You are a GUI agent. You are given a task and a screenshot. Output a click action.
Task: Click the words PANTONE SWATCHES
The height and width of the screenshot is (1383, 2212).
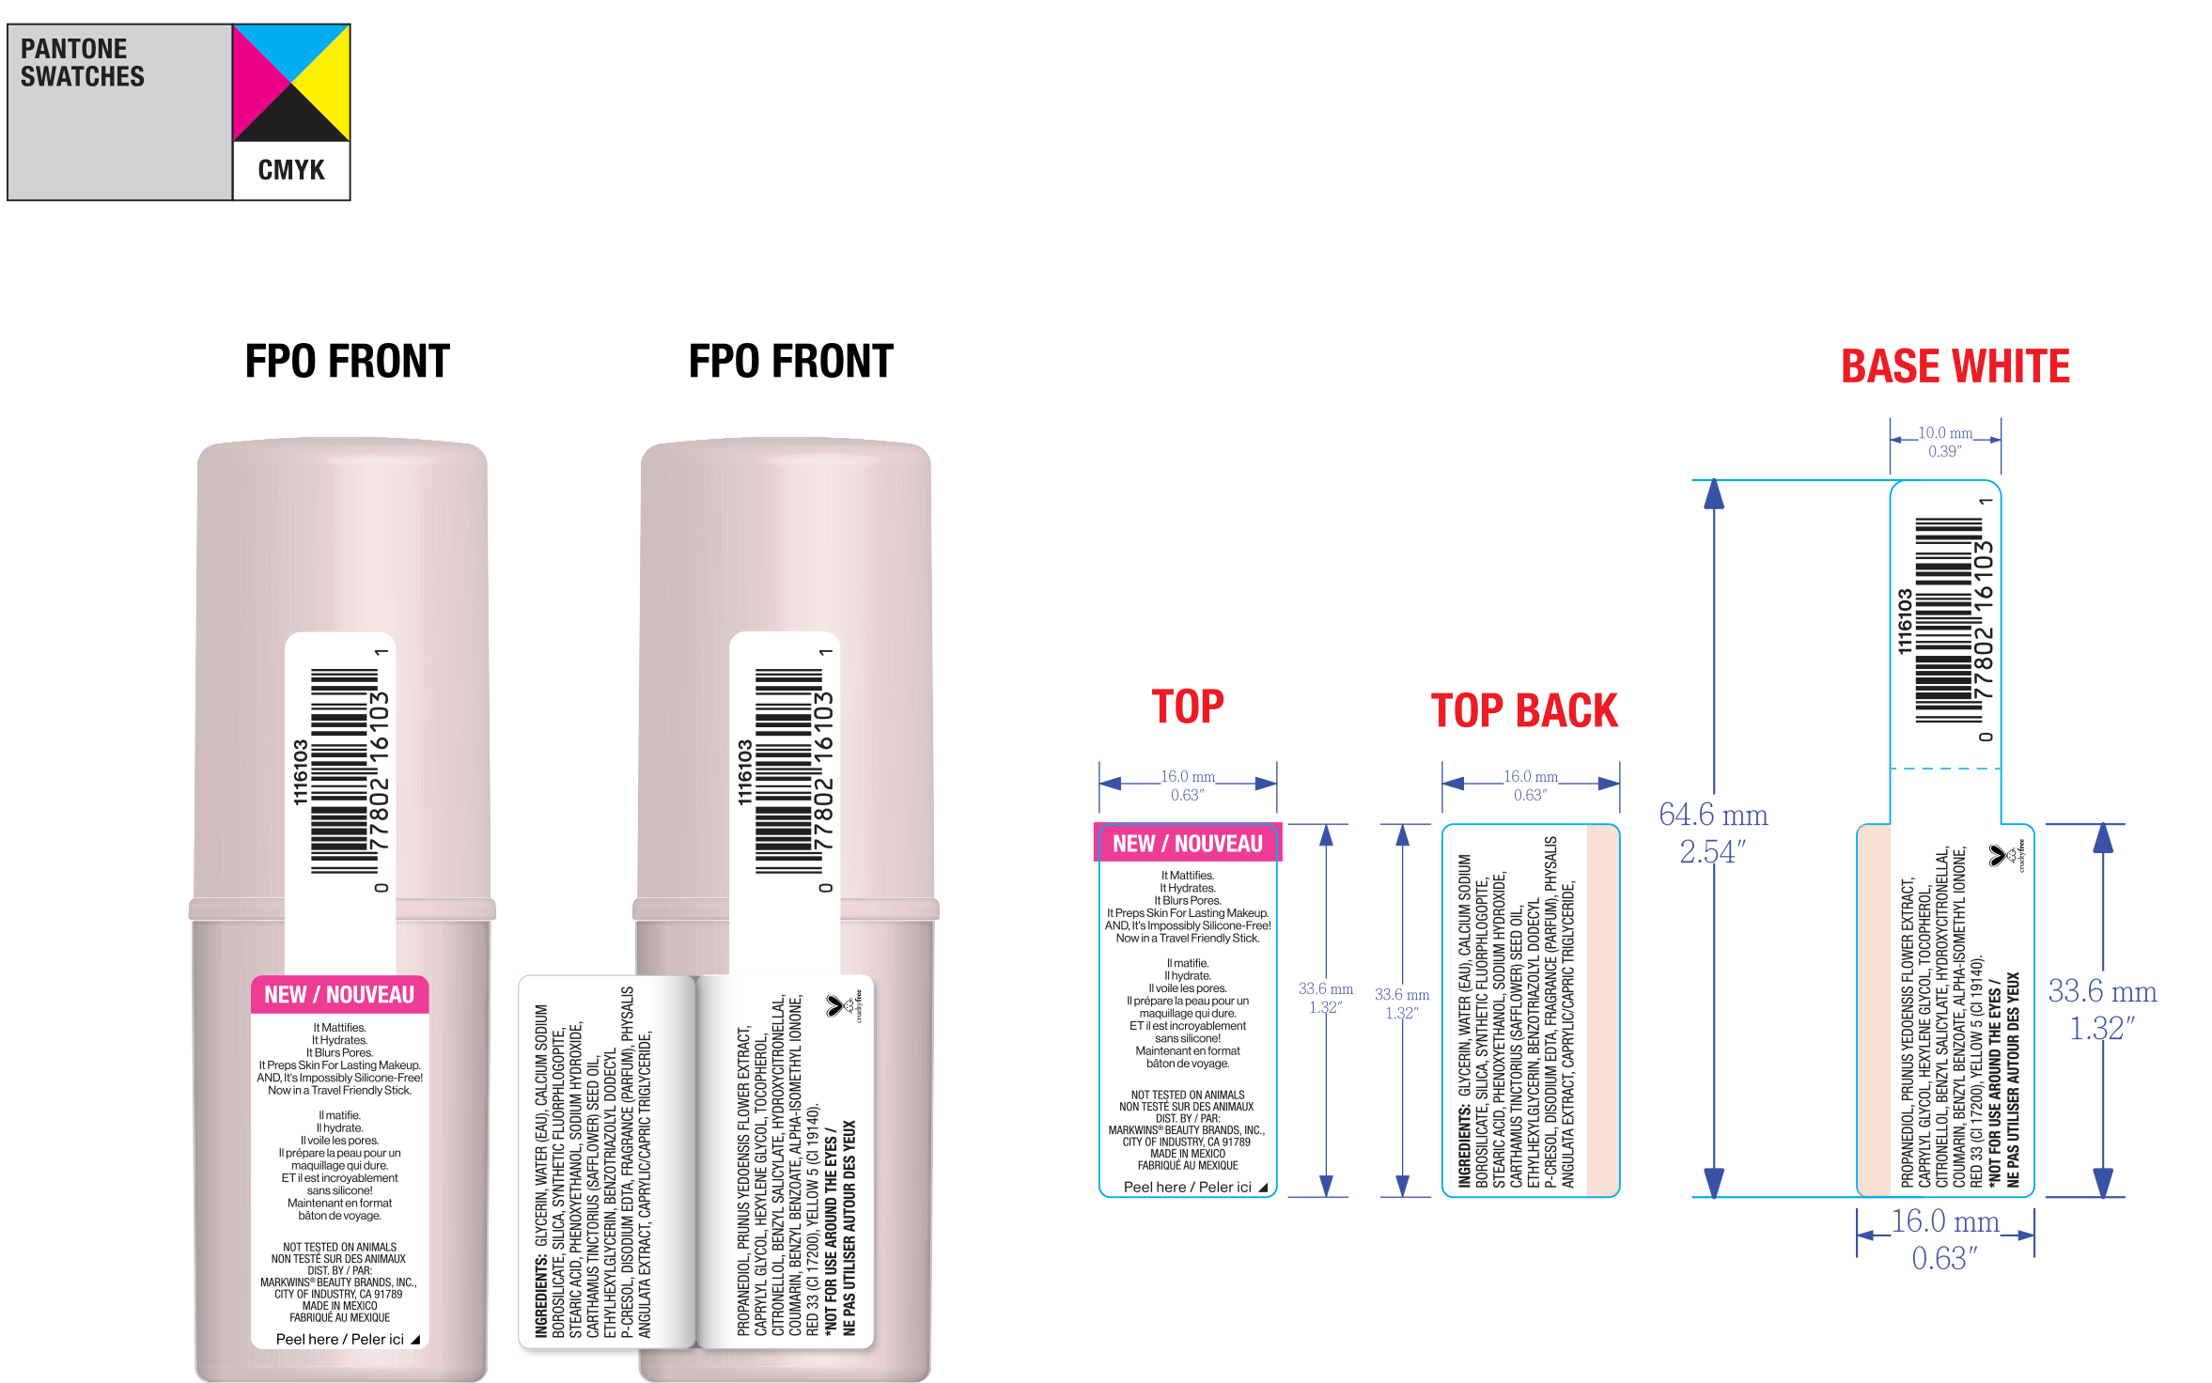click(83, 63)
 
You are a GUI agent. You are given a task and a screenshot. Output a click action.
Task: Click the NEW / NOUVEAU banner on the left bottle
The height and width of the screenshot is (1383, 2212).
click(339, 995)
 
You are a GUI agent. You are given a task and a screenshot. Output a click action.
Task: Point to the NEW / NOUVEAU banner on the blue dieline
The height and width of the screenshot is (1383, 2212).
click(1187, 844)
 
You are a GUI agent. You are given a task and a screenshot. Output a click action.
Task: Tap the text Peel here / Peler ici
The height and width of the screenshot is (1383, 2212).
click(339, 1339)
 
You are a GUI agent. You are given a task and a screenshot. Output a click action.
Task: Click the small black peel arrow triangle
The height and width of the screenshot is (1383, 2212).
click(415, 1340)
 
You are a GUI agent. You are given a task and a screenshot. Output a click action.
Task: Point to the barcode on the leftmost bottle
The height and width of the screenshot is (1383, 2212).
click(344, 770)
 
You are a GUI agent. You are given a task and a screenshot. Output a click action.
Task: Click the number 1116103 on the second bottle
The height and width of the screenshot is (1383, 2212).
click(744, 772)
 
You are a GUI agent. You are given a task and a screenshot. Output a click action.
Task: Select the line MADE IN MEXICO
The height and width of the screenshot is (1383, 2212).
click(339, 1306)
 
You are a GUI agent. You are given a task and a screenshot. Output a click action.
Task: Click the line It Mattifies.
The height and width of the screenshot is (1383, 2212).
click(339, 1028)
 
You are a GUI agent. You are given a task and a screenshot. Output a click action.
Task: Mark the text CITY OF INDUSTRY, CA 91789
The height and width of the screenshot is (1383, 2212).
click(338, 1294)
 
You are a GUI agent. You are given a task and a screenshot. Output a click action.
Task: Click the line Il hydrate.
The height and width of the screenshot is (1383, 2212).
click(339, 1127)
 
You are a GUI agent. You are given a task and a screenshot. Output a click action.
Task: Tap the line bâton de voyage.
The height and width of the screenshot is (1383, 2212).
click(339, 1215)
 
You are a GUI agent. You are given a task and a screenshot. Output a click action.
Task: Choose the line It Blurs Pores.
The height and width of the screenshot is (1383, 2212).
click(339, 1052)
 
